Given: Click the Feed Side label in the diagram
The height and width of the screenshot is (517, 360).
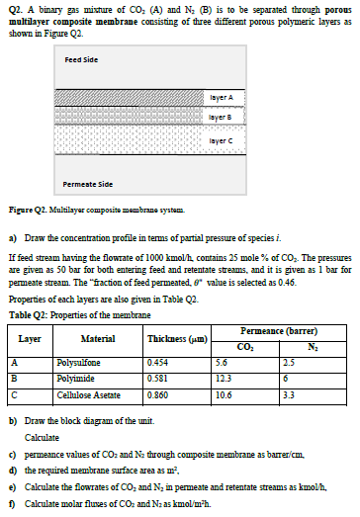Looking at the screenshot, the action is [79, 59].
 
